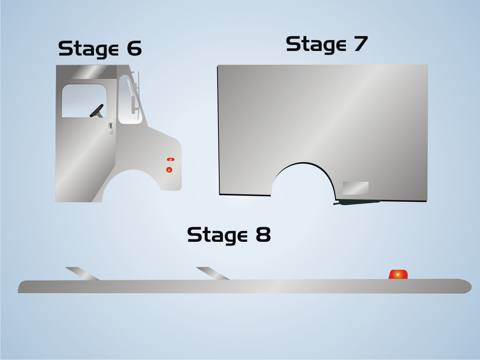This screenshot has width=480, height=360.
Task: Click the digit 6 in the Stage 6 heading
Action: (x=134, y=48)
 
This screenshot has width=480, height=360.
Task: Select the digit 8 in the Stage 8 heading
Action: (x=263, y=234)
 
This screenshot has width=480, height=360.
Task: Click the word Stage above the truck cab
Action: (x=89, y=49)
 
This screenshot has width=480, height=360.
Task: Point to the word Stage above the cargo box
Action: (x=316, y=45)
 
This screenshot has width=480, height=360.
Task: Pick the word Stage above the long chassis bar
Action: (x=217, y=236)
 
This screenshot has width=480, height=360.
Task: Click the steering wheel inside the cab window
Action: (x=97, y=111)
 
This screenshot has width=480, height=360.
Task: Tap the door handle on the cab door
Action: (x=111, y=128)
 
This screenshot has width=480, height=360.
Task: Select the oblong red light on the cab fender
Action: (x=170, y=160)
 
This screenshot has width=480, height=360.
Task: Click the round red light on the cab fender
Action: (x=169, y=170)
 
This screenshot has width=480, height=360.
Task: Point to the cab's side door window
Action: (x=84, y=101)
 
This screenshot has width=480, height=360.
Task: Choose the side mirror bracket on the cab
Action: (x=135, y=95)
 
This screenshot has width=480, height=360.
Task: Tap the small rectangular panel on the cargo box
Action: (x=356, y=188)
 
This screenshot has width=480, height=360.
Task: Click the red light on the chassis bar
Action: (x=398, y=274)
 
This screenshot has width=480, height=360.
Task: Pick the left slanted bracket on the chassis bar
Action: (x=83, y=274)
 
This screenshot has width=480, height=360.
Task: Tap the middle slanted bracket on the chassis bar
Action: (x=213, y=274)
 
